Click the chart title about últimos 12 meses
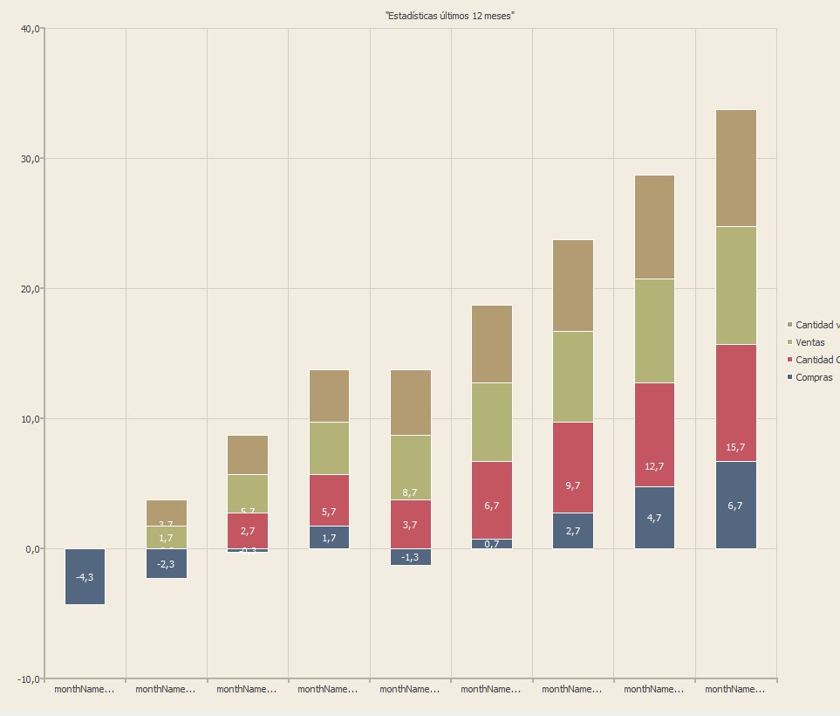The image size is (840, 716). pyautogui.click(x=449, y=16)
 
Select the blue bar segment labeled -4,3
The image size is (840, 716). pyautogui.click(x=85, y=576)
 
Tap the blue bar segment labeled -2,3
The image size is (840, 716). pyautogui.click(x=166, y=563)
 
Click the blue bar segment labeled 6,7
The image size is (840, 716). pyautogui.click(x=735, y=505)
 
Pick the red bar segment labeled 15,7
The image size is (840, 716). pyautogui.click(x=735, y=403)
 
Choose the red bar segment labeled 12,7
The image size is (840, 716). pyautogui.click(x=654, y=434)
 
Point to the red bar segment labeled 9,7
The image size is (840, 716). pyautogui.click(x=572, y=467)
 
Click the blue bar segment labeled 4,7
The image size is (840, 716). pyautogui.click(x=654, y=517)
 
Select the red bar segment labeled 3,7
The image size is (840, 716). pyautogui.click(x=410, y=524)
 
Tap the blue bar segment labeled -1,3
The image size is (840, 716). pyautogui.click(x=410, y=557)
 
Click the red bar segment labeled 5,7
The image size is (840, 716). pyautogui.click(x=329, y=499)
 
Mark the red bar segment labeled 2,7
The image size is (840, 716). pyautogui.click(x=248, y=530)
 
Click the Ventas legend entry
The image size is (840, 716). pyautogui.click(x=809, y=342)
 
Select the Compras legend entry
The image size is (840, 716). pyautogui.click(x=813, y=377)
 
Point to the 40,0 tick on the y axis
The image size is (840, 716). pyautogui.click(x=30, y=29)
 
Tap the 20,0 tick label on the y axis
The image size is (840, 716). pyautogui.click(x=30, y=289)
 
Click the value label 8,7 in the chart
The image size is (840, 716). pyautogui.click(x=410, y=492)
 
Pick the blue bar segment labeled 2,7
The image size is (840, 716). pyautogui.click(x=572, y=530)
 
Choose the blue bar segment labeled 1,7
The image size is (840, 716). pyautogui.click(x=329, y=537)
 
